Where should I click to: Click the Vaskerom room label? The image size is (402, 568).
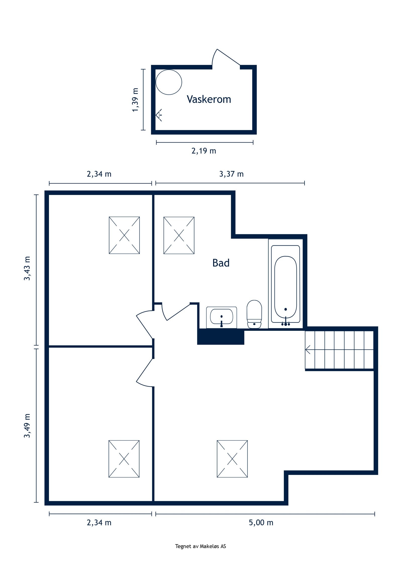209,99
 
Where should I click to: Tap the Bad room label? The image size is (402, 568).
221,263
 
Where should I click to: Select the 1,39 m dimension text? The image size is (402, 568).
135,100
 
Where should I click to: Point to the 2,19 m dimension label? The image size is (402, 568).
204,151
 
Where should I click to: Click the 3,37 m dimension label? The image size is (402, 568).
231,174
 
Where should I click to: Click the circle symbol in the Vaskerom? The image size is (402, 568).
169,82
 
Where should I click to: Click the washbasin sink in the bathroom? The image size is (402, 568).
221,318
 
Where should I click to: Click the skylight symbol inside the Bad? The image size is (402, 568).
179,235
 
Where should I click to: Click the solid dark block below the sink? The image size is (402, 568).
220,337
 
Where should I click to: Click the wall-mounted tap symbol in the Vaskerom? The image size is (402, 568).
159,115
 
